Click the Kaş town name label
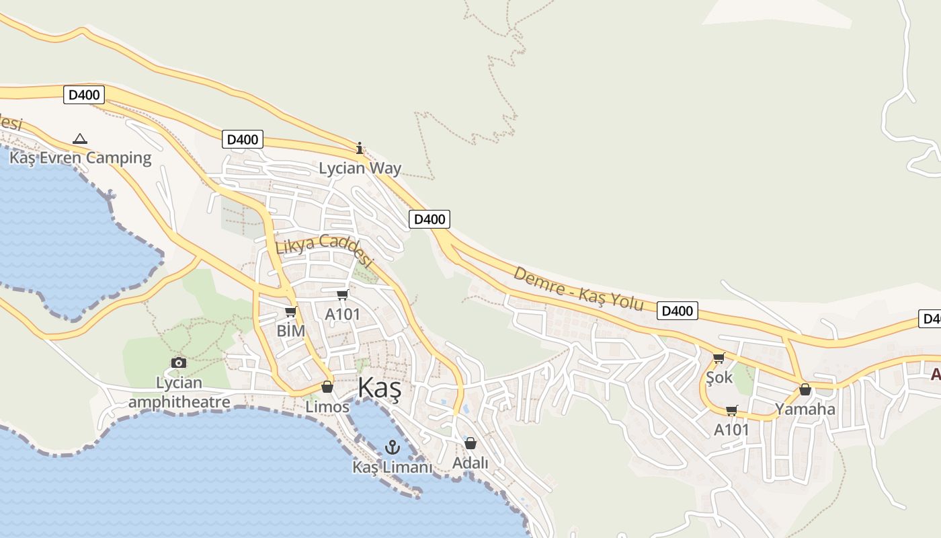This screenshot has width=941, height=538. point(379,389)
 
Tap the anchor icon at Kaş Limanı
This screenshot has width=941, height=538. point(392,447)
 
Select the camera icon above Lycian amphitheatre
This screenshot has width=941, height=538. point(179,362)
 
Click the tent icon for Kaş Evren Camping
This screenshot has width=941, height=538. point(80,139)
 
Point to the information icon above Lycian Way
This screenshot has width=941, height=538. point(360,148)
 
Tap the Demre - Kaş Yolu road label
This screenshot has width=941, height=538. point(579,289)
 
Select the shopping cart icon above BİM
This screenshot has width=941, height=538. point(291,311)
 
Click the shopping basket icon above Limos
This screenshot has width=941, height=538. point(327,387)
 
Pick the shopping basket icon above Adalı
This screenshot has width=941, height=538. point(470,443)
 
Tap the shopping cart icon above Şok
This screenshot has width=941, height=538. point(719,358)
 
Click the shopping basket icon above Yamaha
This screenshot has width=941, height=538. point(805,389)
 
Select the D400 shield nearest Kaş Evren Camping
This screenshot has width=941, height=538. point(84,95)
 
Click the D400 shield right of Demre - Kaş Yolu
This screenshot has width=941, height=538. point(677,311)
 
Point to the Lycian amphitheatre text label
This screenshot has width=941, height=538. point(179,393)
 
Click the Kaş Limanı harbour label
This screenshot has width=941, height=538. point(393,467)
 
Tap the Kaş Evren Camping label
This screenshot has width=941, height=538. point(80,158)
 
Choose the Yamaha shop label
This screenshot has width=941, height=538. point(805,409)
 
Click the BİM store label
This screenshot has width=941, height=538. point(291,331)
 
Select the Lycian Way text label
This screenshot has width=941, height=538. point(360,168)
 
